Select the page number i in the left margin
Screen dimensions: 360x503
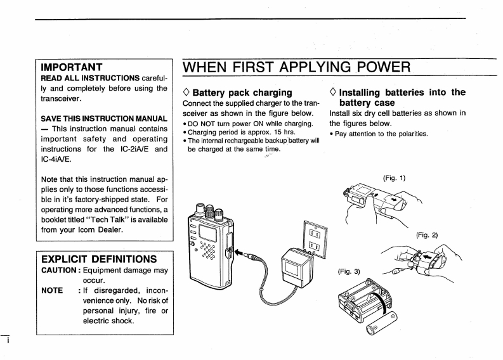coord(4,340)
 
